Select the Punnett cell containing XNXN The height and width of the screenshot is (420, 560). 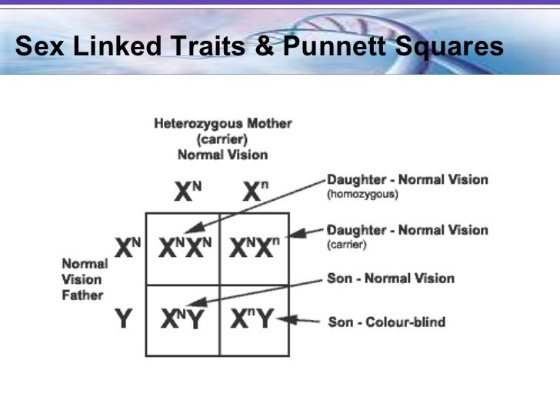click(x=183, y=248)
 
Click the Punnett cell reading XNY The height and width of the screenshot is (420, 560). click(x=183, y=319)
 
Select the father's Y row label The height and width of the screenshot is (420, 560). click(x=122, y=318)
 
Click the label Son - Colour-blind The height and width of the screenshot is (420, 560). click(x=386, y=322)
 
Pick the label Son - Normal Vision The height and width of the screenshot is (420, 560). click(x=391, y=278)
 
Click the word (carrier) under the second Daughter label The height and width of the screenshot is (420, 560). click(x=348, y=245)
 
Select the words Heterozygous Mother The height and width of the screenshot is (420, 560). click(x=222, y=124)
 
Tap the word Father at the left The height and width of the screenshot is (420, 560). click(x=82, y=295)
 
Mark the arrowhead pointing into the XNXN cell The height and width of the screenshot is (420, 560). click(x=193, y=228)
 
